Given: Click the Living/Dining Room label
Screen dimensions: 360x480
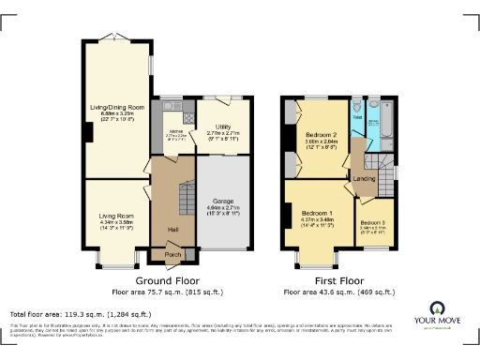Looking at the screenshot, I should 116,108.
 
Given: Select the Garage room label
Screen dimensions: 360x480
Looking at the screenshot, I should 223,201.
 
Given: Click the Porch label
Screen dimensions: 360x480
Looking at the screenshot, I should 172,254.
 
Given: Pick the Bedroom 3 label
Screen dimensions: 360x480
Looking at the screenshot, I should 372,222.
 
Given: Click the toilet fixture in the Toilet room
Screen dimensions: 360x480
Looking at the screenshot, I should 356,112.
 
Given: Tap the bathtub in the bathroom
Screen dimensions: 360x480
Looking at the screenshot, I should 382,121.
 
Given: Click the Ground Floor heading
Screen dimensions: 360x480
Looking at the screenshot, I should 165,280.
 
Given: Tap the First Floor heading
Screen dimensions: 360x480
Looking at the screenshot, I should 339,280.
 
